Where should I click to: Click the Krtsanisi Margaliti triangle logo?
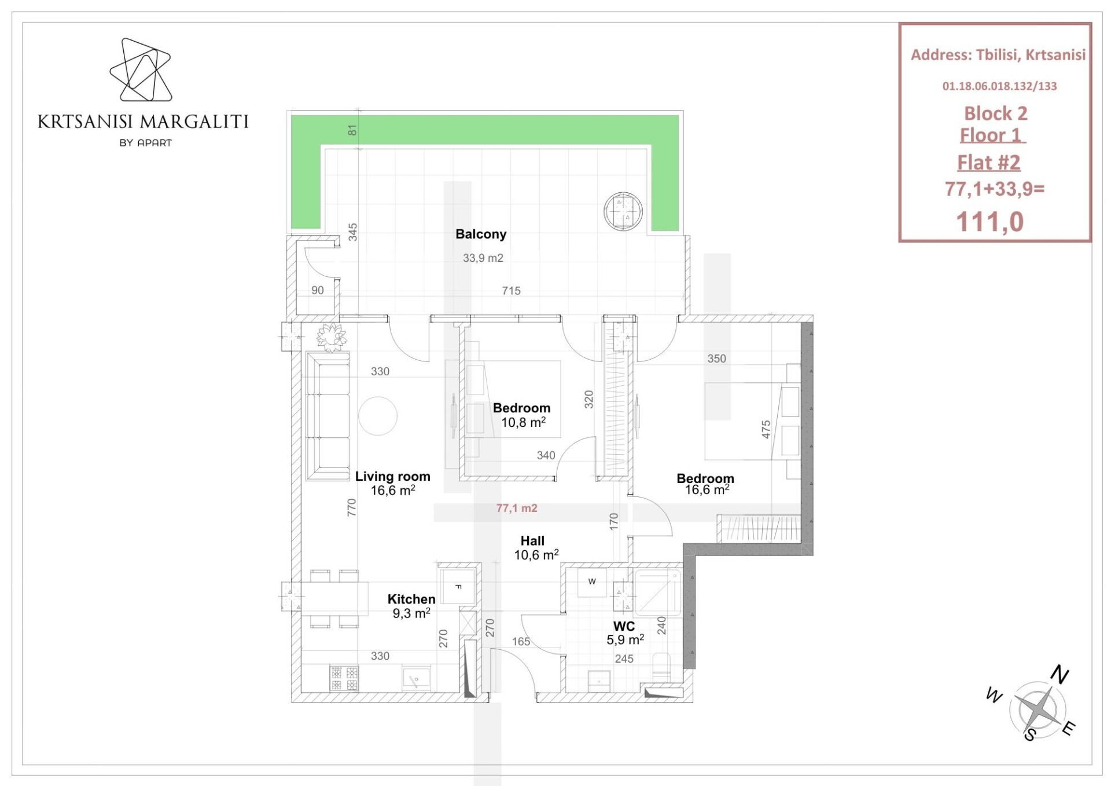coord(141,70)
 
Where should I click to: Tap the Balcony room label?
coord(481,234)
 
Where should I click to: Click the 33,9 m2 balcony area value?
coord(483,258)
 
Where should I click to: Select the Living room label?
coord(393,476)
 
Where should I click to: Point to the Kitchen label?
coord(411,599)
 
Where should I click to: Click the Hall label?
coord(532,540)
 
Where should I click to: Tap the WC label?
coord(624,626)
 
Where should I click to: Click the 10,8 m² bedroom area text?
coord(524,422)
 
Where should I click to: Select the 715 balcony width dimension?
coord(511,290)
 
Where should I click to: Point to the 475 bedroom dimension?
coord(766,429)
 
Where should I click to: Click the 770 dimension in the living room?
coord(351,507)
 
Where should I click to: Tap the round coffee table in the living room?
coord(378,416)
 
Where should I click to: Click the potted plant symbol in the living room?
coord(332,337)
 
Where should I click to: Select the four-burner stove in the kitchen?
coord(344,678)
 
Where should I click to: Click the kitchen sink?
coord(416,678)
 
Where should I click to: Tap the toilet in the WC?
coord(661,667)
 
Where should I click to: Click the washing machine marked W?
coord(591,582)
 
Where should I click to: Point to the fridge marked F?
coord(458,586)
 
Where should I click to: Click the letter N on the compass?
coord(1060,675)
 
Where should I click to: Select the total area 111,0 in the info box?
coord(990,222)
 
